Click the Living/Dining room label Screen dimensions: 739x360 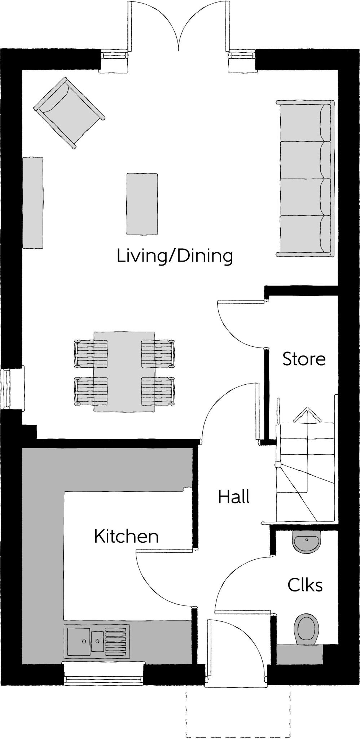pyautogui.click(x=175, y=256)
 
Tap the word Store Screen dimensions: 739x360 pyautogui.click(x=304, y=359)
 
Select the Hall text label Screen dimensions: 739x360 pyautogui.click(x=234, y=497)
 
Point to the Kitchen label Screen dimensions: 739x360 pyautogui.click(x=126, y=537)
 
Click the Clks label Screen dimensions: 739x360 pyautogui.click(x=305, y=585)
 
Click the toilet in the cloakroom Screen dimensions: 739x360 pyautogui.click(x=307, y=628)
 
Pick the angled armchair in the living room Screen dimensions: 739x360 pyautogui.click(x=69, y=113)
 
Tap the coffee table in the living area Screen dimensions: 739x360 pyautogui.click(x=142, y=204)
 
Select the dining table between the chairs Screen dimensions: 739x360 pyautogui.click(x=124, y=372)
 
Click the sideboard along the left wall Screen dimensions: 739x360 pyautogui.click(x=32, y=202)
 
